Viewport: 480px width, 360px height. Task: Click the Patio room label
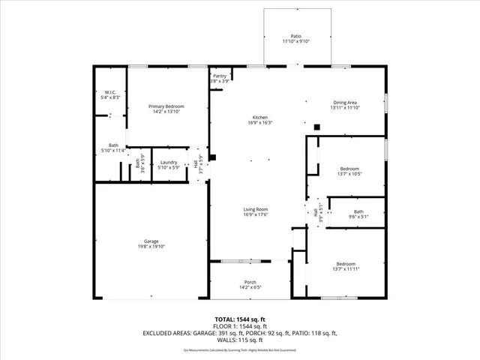295,35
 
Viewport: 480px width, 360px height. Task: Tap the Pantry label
219,76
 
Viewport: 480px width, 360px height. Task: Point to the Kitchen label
259,118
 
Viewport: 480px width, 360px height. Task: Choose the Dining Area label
345,102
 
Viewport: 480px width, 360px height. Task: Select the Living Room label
256,209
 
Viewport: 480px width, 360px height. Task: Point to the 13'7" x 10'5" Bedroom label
349,168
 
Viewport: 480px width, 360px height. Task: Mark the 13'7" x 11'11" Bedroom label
346,263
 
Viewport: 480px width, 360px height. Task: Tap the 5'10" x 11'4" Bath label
113,145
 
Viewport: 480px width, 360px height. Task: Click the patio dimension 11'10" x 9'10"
295,41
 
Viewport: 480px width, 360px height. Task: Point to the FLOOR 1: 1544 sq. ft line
240,327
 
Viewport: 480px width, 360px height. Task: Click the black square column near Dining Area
316,127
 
